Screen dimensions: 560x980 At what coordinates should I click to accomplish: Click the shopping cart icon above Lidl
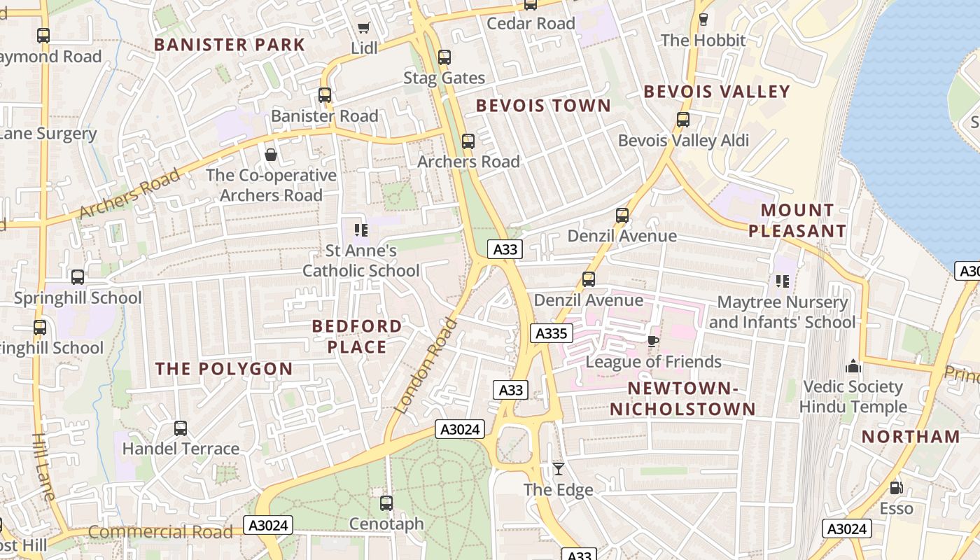point(363,28)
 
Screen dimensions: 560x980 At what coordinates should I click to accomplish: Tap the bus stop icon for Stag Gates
point(444,57)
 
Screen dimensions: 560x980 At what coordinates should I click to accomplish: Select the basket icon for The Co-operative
point(271,155)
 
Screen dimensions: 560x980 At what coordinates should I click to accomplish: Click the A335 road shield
point(551,333)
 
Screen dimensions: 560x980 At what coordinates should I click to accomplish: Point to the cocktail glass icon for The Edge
point(559,469)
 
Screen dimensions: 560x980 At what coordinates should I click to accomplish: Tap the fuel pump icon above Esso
point(896,488)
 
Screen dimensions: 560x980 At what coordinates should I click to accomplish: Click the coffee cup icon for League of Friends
point(652,342)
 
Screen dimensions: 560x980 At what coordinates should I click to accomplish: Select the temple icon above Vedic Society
point(853,366)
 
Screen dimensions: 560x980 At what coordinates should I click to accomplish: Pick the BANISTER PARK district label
point(230,45)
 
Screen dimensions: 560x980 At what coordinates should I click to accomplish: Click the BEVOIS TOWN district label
point(543,106)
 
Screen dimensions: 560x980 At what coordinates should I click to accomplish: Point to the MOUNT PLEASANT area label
point(797,220)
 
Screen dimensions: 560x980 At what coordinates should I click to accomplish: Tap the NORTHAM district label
point(911,437)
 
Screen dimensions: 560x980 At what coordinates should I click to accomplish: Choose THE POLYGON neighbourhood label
point(224,369)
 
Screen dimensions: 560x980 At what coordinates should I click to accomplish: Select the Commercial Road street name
point(160,532)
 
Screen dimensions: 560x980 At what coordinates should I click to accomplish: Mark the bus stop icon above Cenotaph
point(386,503)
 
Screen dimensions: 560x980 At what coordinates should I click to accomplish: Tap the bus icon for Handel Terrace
point(181,428)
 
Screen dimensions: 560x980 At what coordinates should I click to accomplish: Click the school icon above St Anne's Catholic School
point(361,230)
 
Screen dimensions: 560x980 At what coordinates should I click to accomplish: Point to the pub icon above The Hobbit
point(703,20)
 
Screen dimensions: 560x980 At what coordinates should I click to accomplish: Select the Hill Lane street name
point(43,466)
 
